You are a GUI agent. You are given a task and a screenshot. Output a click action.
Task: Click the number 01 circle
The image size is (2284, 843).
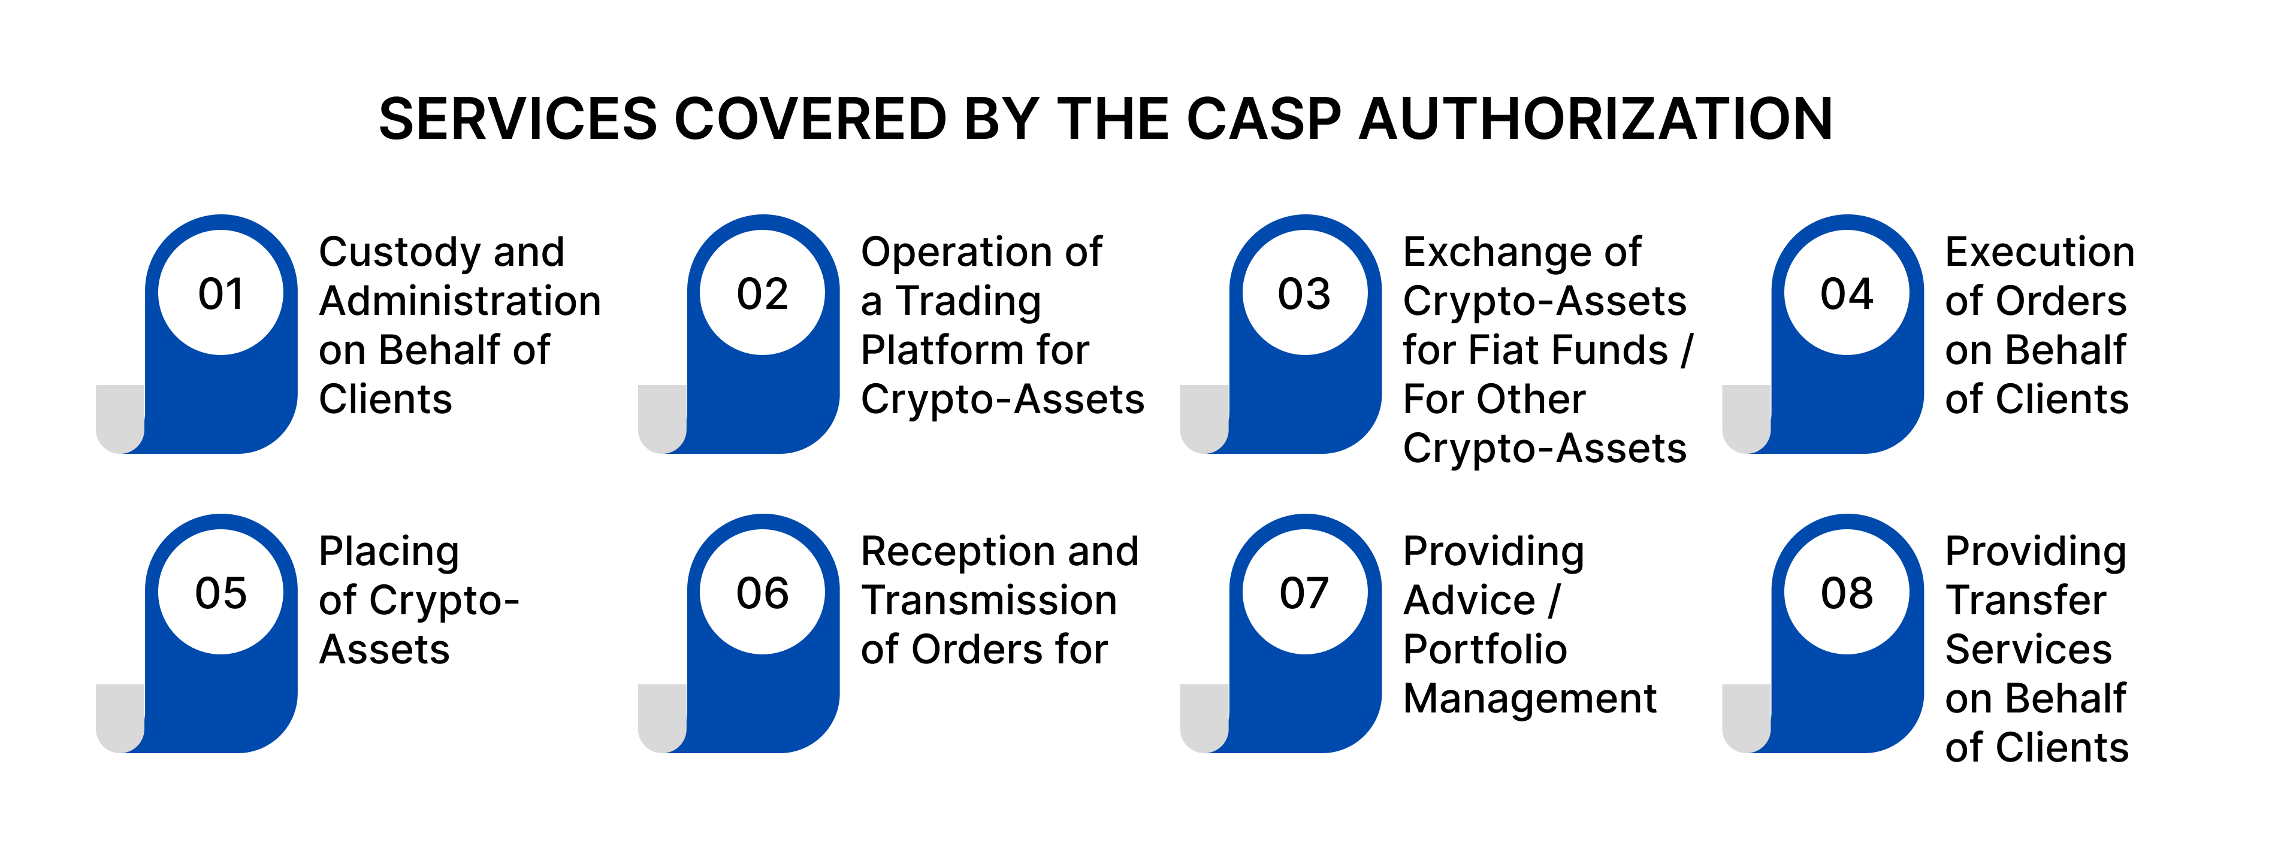(x=220, y=293)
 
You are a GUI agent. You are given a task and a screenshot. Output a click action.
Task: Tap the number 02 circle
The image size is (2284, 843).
(x=763, y=293)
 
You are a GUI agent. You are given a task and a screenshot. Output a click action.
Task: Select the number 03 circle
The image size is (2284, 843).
(x=1304, y=293)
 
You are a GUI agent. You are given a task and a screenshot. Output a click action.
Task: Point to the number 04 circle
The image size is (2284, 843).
(x=1847, y=293)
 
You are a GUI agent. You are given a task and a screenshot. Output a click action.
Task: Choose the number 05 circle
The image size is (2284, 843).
(x=220, y=592)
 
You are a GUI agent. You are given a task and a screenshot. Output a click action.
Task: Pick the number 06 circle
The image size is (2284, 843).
(x=763, y=592)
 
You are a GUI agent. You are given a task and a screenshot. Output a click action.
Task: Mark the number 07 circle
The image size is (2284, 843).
(x=1304, y=592)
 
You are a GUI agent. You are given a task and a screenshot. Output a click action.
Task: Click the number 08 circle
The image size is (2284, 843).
(x=1847, y=592)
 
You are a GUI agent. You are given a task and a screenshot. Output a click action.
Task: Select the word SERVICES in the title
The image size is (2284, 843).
(x=518, y=119)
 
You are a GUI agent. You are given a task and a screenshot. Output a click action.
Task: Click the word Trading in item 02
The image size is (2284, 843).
(x=968, y=301)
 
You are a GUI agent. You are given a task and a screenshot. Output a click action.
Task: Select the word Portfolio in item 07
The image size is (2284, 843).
(x=1485, y=650)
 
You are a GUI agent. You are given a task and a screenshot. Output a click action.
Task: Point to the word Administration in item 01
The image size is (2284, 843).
(x=460, y=301)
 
